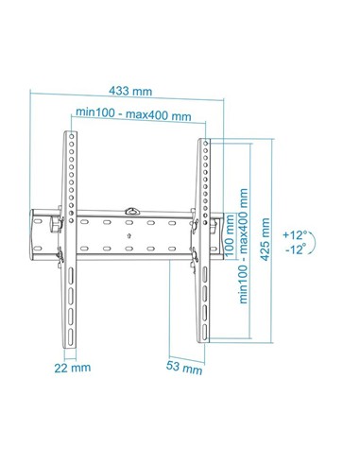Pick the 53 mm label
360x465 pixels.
click(186, 368)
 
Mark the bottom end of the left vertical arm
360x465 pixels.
click(71, 333)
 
